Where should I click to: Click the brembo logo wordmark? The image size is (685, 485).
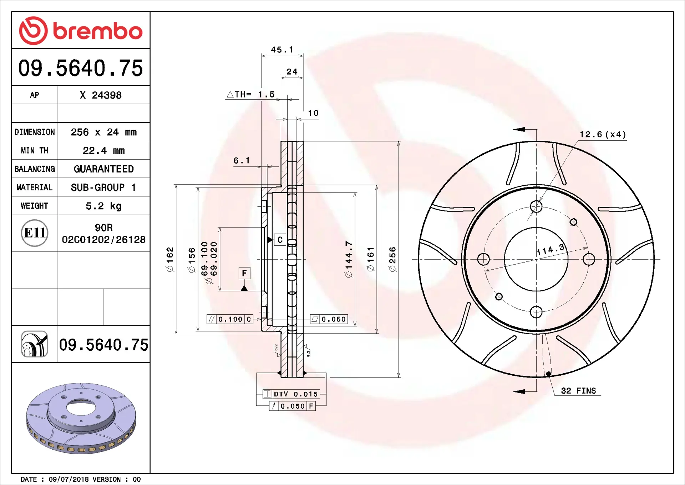coord(98,31)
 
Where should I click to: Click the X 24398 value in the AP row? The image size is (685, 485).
coord(101,95)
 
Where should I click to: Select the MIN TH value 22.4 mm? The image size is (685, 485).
coord(104,150)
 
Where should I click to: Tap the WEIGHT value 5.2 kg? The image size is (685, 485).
coord(104,206)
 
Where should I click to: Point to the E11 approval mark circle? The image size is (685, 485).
coord(35,233)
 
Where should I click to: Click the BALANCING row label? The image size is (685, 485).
coord(35,169)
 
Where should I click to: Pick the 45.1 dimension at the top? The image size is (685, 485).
coord(282,50)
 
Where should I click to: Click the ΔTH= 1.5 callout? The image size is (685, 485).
coord(251,94)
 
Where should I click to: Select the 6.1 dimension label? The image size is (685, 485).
coord(242,161)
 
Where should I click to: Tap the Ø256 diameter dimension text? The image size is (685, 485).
coord(392,259)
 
